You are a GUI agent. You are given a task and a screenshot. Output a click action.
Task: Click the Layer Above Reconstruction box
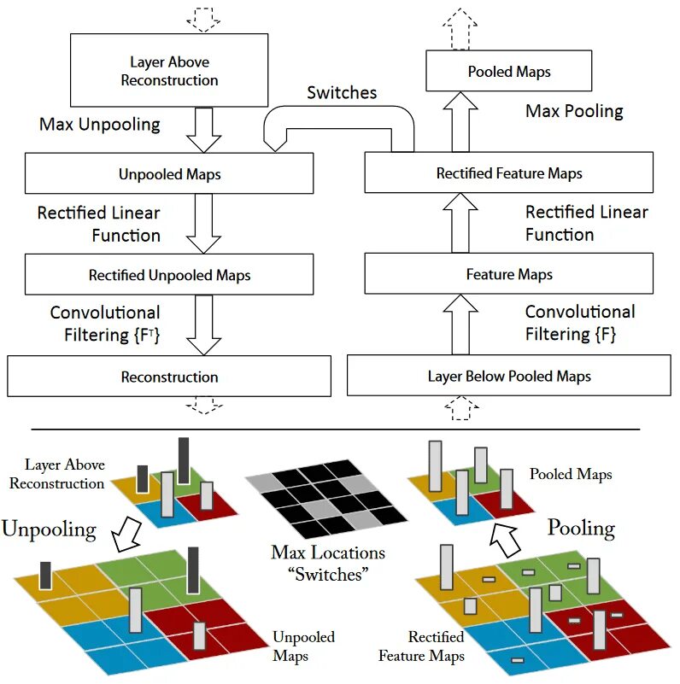pyautogui.click(x=169, y=71)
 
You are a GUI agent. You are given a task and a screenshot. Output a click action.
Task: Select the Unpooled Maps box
pyautogui.click(x=169, y=174)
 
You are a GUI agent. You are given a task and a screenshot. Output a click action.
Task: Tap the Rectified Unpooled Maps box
pyautogui.click(x=169, y=275)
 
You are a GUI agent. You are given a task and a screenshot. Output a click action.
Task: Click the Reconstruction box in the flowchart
pyautogui.click(x=169, y=377)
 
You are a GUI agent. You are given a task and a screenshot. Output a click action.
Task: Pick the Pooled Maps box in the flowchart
pyautogui.click(x=508, y=72)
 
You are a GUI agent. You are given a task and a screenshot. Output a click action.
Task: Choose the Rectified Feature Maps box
pyautogui.click(x=508, y=173)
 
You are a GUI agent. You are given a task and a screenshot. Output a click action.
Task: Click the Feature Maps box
pyautogui.click(x=508, y=274)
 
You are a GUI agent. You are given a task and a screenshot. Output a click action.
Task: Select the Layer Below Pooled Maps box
pyautogui.click(x=508, y=376)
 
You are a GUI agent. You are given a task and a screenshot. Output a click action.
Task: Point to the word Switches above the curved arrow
pyautogui.click(x=342, y=92)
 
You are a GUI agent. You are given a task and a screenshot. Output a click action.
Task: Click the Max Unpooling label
pyautogui.click(x=99, y=125)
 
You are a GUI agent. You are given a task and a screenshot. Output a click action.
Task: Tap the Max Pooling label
pyautogui.click(x=574, y=111)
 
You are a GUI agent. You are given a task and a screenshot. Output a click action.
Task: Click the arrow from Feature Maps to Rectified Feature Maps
pyautogui.click(x=460, y=223)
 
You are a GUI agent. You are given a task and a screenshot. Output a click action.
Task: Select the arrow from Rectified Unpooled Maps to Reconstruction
pyautogui.click(x=203, y=324)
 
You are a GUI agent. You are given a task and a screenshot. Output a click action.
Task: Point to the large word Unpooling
pyautogui.click(x=49, y=529)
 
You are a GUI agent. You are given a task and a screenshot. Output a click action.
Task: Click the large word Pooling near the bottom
pyautogui.click(x=581, y=527)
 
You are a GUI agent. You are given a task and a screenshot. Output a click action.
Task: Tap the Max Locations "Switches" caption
pyautogui.click(x=328, y=563)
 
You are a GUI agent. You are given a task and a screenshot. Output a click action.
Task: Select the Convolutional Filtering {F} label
pyautogui.click(x=579, y=323)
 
